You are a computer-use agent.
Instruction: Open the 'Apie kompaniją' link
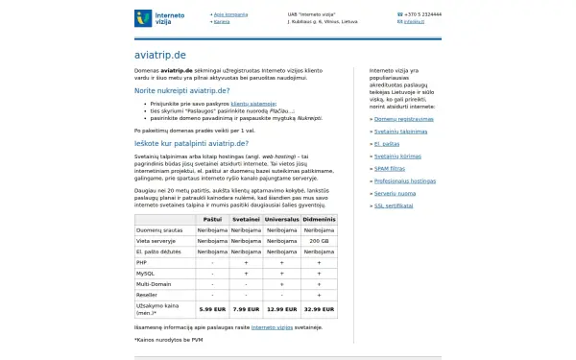[230, 14]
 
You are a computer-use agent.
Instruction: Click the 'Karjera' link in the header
[222, 21]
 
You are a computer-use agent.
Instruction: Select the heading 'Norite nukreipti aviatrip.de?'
[182, 90]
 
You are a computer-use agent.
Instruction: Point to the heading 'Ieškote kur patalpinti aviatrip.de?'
[191, 143]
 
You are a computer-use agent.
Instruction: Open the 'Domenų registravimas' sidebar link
[403, 119]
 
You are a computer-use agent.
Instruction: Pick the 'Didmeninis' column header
[319, 219]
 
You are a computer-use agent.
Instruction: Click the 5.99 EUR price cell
[211, 309]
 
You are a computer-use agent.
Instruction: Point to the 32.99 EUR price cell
[319, 309]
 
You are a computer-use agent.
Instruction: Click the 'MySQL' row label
[146, 273]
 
